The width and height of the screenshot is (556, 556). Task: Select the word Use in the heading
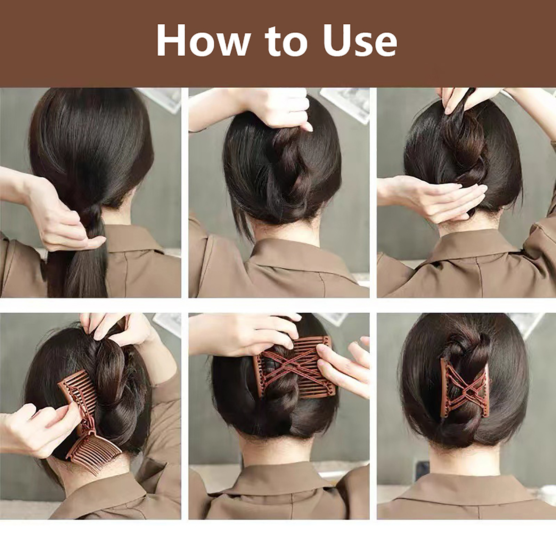[x=359, y=41]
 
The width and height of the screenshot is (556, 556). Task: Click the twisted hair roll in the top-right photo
[x=462, y=153]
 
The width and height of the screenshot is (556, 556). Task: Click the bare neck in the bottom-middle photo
[x=278, y=452]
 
